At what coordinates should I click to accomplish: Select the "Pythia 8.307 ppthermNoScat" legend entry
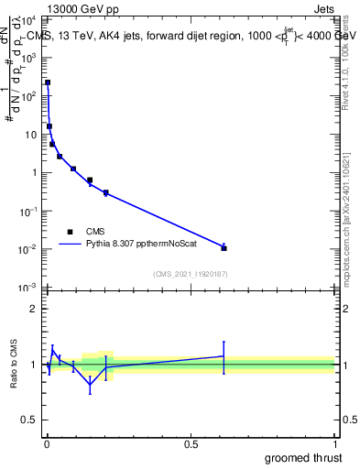134,245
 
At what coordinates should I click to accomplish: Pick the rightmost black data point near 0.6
224,247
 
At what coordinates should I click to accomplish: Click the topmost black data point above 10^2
48,82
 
